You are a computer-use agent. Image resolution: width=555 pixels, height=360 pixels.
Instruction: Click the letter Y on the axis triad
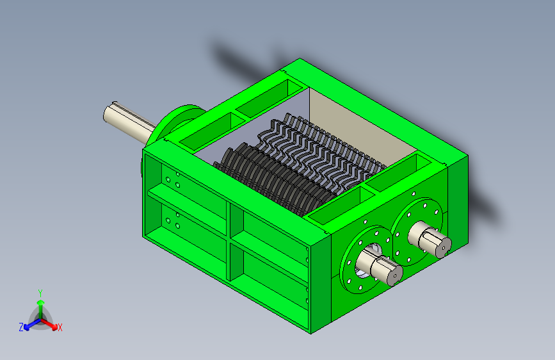coord(40,293)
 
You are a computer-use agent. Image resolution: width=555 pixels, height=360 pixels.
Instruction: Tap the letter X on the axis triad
coord(60,327)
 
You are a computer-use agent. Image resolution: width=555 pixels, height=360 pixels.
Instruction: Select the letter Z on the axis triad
coord(21,327)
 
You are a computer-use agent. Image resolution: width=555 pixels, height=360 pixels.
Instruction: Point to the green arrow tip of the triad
coord(41,302)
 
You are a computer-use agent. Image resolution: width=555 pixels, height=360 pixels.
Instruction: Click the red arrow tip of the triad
coord(54,327)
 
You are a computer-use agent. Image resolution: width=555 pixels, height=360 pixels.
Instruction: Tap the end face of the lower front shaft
coord(395,275)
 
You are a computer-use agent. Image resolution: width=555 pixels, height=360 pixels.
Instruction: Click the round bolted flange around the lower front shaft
coord(366,259)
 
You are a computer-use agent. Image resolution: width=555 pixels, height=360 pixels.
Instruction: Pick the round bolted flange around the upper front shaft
coord(417,232)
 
